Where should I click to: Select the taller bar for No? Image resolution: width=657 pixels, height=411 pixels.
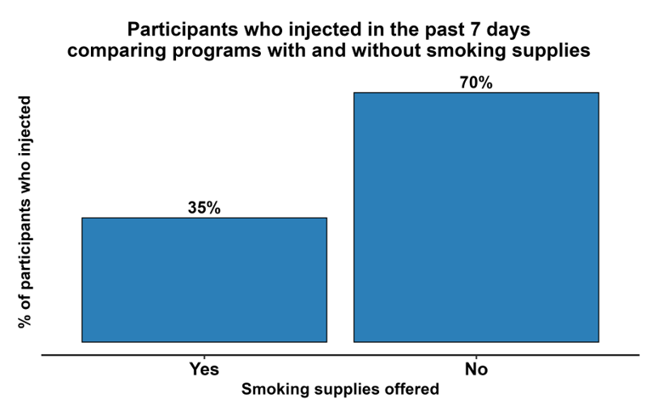476,216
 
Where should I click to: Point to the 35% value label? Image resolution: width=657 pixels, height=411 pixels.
204,208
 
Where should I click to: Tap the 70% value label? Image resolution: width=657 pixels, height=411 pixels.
476,83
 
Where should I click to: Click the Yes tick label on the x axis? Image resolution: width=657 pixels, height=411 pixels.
204,369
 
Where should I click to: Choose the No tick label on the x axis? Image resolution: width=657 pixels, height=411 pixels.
476,369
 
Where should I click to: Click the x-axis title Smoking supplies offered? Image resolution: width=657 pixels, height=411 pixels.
340,390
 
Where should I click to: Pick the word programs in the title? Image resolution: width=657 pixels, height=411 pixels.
201,51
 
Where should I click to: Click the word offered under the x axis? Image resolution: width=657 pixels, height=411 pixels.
410,390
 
